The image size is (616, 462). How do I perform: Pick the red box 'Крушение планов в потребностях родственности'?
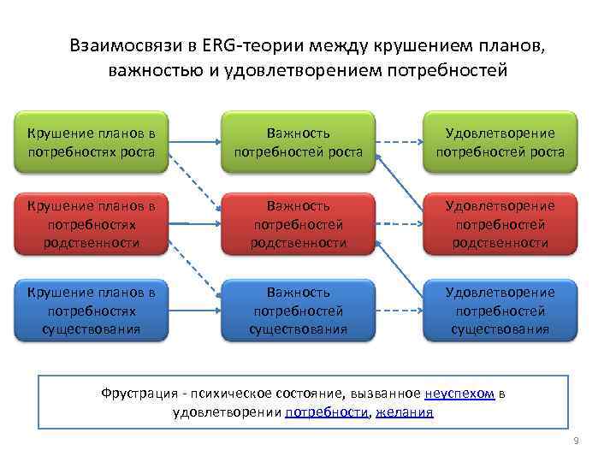coord(92,224)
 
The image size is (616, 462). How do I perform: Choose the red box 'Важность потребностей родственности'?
coord(299,224)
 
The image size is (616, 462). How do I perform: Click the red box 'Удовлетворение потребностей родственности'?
coord(500,224)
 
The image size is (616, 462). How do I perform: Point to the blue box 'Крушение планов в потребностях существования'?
coord(92,310)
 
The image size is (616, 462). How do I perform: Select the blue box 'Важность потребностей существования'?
coord(299,310)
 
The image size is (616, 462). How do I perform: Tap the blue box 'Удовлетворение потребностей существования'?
coord(500,310)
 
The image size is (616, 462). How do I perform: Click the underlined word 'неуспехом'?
coord(459,394)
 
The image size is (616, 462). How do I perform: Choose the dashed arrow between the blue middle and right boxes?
coord(400,310)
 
